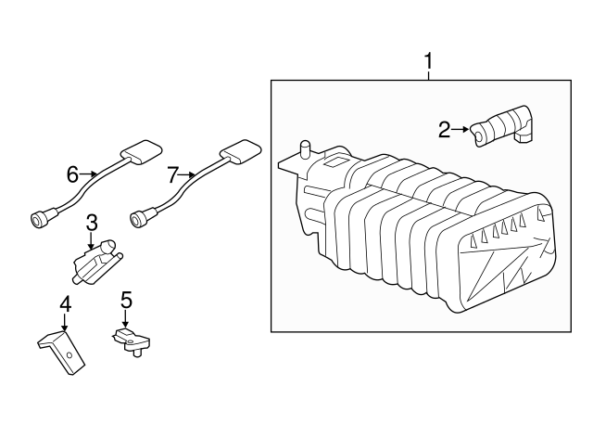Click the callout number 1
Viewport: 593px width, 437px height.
tap(429, 62)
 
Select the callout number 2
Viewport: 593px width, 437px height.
tap(444, 130)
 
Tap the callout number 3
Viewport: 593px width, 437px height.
tap(92, 223)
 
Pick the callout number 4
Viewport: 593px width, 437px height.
tap(65, 303)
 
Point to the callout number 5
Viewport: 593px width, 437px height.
tap(126, 300)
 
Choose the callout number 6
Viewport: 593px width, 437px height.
tap(72, 174)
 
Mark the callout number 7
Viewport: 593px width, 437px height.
tap(171, 174)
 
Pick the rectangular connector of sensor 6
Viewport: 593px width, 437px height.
tap(139, 151)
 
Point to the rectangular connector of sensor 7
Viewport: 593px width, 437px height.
tap(239, 151)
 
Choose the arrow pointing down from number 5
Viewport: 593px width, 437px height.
tap(126, 317)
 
